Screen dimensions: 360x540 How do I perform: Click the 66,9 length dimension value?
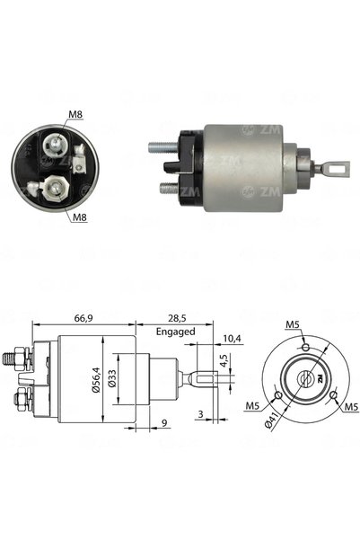83,319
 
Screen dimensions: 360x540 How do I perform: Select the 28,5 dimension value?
177,319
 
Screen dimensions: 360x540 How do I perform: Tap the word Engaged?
176,332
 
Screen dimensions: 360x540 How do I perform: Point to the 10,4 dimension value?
232,339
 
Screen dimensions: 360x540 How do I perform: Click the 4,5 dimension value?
224,360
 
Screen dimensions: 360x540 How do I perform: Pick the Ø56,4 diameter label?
96,379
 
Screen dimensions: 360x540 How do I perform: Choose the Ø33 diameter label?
112,379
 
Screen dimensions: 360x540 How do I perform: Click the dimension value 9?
164,422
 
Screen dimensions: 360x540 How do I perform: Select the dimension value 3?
201,414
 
